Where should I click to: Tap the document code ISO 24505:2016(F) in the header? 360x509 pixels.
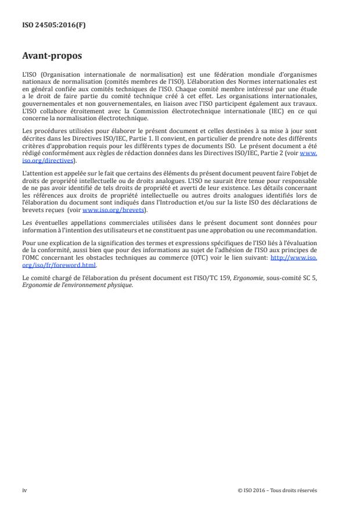coord(49,24)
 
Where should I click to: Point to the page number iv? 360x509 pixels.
coord(24,490)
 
